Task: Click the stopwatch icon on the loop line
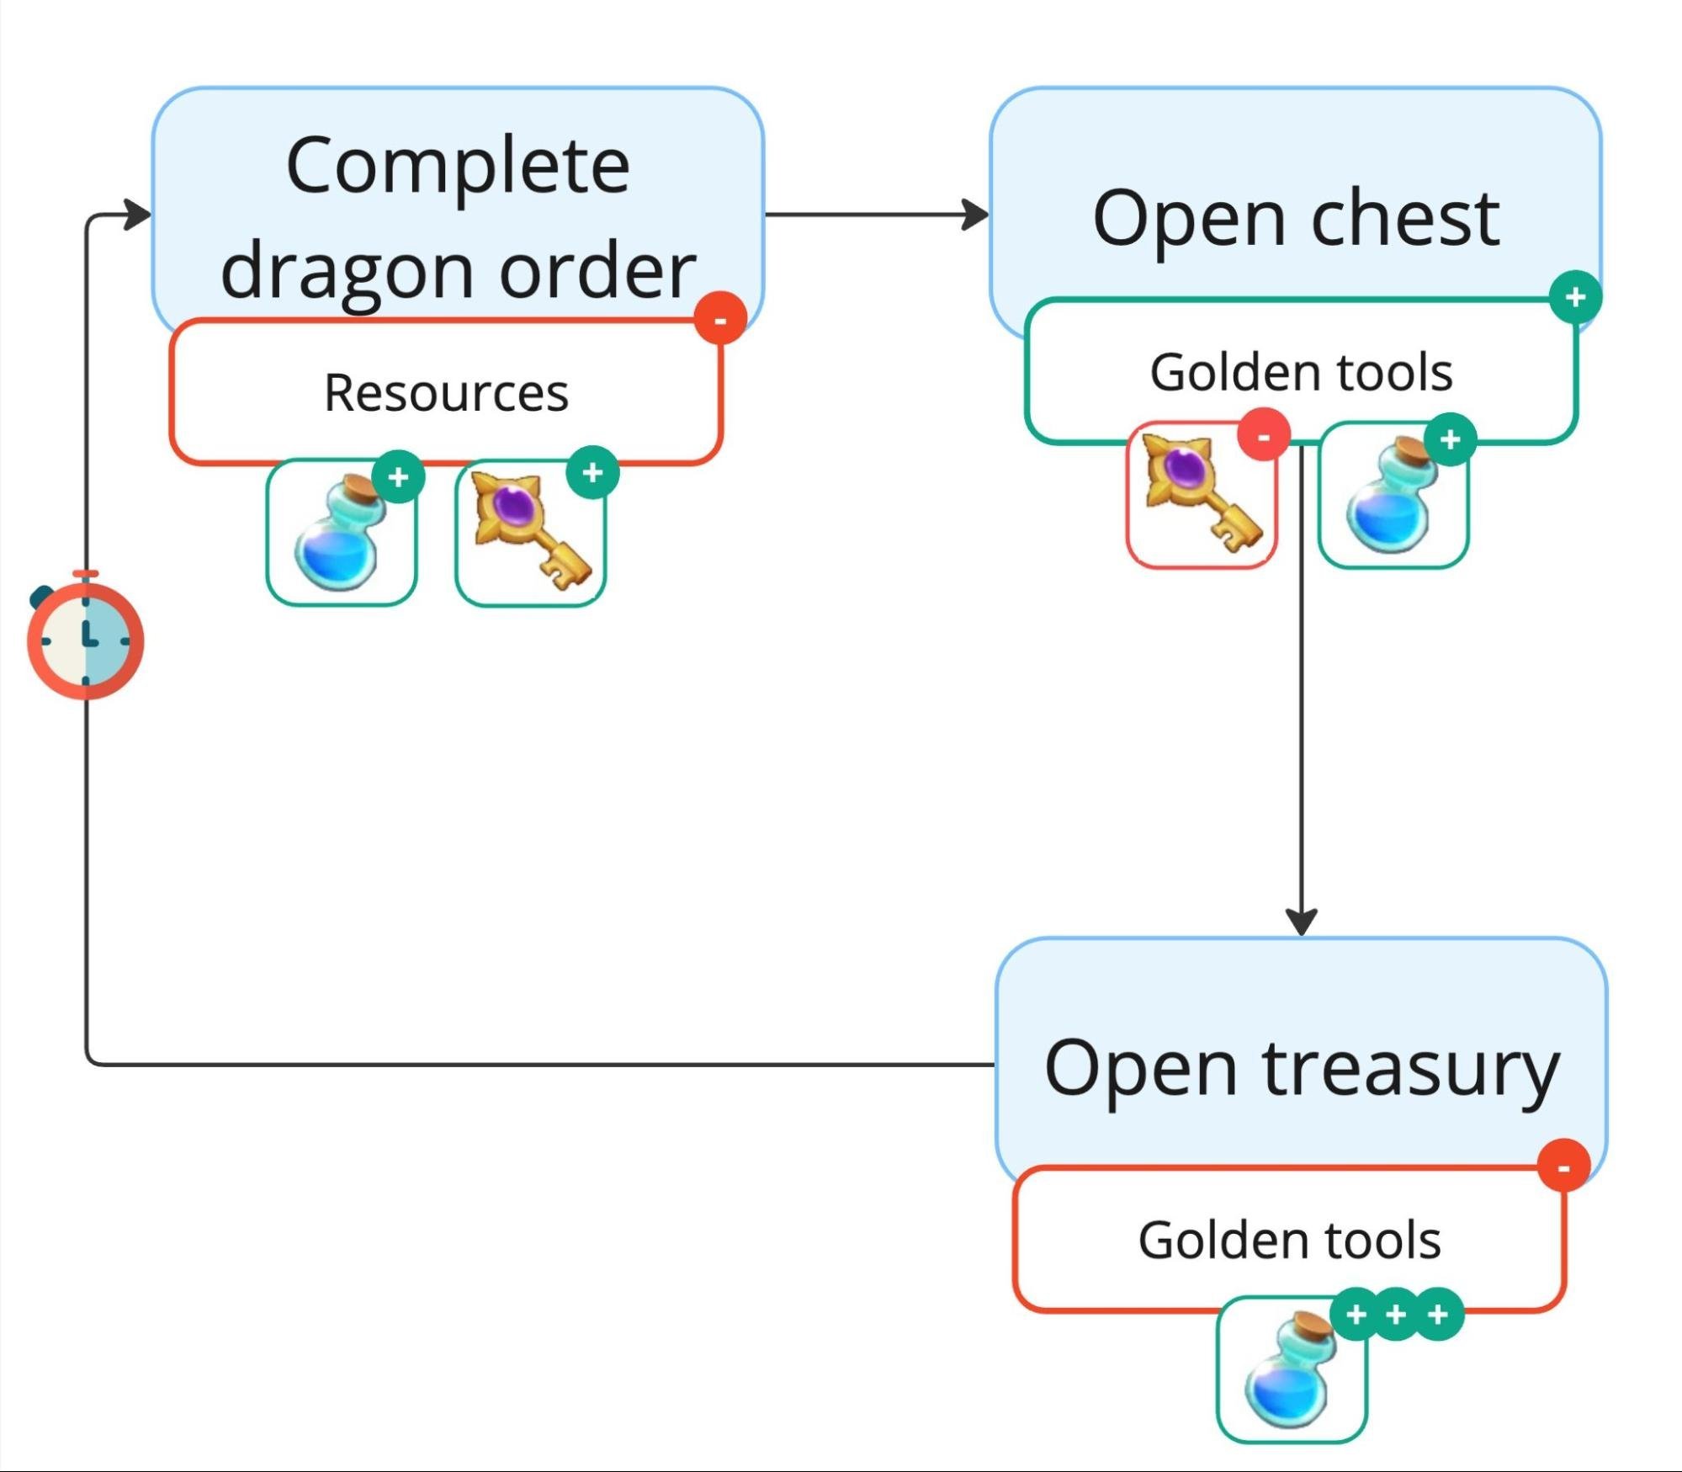pyautogui.click(x=85, y=639)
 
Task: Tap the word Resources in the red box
pyautogui.click(x=446, y=393)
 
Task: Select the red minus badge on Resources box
pyautogui.click(x=720, y=319)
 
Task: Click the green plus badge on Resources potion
pyautogui.click(x=398, y=477)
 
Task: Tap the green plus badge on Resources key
pyautogui.click(x=592, y=472)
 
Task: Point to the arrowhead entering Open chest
pyautogui.click(x=977, y=215)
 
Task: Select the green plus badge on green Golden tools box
pyautogui.click(x=1575, y=296)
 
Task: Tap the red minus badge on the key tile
pyautogui.click(x=1263, y=435)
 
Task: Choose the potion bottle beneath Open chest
pyautogui.click(x=1391, y=497)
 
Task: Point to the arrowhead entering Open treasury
pyautogui.click(x=1302, y=922)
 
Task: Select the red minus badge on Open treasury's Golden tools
pyautogui.click(x=1563, y=1166)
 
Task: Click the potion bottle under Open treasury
pyautogui.click(x=1290, y=1371)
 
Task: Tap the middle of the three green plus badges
pyautogui.click(x=1396, y=1314)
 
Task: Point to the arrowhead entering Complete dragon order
pyautogui.click(x=138, y=215)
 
